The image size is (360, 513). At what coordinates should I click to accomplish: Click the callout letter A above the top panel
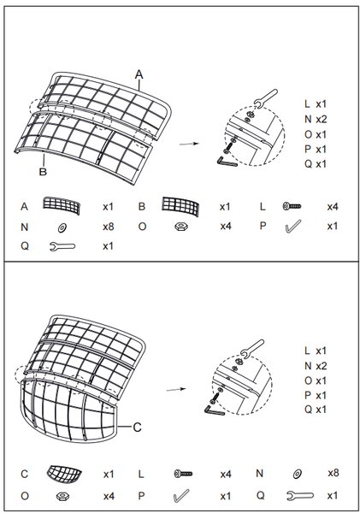pos(139,74)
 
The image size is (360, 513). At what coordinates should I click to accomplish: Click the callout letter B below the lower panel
pos(43,172)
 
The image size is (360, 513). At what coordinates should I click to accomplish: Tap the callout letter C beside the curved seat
pos(137,427)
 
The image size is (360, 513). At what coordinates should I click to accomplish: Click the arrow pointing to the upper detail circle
pos(189,144)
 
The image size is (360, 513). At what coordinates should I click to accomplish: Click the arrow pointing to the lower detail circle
pos(176,389)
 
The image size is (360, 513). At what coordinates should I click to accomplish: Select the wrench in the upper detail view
pos(266,98)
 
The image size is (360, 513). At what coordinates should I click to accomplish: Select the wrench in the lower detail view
pos(252,349)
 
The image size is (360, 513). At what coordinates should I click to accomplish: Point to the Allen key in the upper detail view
pos(227,162)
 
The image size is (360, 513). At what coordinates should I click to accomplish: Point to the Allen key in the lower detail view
pos(214,410)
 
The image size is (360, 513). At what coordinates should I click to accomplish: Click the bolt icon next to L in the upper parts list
pos(292,206)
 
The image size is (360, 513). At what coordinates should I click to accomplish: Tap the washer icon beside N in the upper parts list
pos(62,227)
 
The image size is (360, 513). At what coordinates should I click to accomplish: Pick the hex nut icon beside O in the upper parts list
pos(181,227)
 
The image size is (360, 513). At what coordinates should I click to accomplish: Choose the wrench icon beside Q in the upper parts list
pos(62,246)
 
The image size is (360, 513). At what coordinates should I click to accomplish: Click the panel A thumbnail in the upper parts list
pos(62,205)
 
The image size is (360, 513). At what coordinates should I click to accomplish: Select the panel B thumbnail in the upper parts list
pos(180,206)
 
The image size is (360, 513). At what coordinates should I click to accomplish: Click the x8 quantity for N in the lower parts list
pos(333,473)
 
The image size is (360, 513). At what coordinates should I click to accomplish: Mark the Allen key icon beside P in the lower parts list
pos(180,496)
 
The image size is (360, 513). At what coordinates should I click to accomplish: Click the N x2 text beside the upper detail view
pos(316,119)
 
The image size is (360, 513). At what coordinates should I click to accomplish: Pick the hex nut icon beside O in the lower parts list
pos(62,496)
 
